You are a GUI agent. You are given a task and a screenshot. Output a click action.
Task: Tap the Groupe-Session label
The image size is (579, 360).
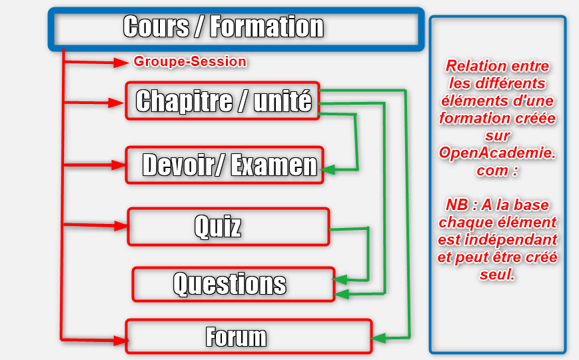190,61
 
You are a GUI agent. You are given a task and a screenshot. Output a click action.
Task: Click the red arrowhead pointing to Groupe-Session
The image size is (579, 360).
121,63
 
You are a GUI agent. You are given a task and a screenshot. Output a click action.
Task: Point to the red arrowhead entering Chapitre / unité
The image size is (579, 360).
116,103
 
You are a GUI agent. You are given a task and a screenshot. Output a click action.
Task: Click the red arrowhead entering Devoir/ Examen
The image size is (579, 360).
119,165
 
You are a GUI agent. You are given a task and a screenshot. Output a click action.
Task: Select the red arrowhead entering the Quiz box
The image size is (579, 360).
121,225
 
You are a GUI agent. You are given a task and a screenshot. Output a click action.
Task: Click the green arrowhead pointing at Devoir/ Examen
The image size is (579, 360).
328,169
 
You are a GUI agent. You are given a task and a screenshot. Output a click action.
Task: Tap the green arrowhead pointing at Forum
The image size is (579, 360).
378,338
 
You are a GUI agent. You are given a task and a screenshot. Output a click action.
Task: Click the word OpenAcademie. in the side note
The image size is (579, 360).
498,153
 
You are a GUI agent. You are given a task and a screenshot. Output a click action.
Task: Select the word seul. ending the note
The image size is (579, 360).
497,274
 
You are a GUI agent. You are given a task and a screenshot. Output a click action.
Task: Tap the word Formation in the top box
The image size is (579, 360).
267,27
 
